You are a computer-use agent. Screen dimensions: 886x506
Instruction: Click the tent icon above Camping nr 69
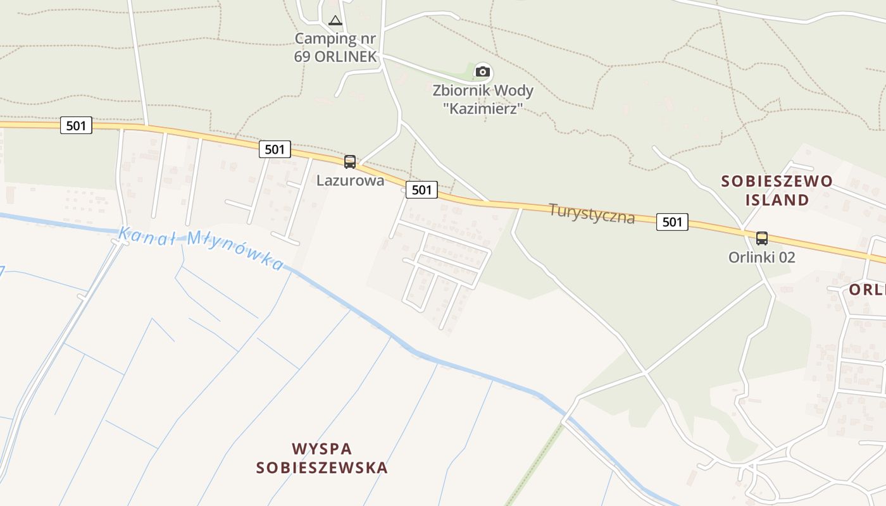(335, 20)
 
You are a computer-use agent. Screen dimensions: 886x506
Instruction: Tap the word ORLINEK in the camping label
(347, 56)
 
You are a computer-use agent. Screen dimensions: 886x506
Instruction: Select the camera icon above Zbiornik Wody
(483, 71)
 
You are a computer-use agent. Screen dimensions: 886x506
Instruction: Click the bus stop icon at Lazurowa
(350, 162)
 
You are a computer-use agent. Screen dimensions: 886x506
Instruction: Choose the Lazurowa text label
(350, 180)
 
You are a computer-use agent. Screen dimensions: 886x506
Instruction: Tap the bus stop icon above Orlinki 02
(762, 238)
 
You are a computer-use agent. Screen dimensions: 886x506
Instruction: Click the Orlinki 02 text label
(761, 257)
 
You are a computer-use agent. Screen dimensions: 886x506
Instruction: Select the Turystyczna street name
(592, 213)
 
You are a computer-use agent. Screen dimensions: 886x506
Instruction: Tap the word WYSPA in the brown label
(321, 449)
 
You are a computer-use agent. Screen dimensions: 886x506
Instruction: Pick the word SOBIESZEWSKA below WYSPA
(321, 468)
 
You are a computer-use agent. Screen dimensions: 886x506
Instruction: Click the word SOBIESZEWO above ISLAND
(777, 182)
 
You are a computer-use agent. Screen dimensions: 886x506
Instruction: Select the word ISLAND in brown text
(777, 201)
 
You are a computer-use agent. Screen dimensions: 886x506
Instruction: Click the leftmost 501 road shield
(76, 125)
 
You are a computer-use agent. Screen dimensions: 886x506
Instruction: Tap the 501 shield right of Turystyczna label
(672, 221)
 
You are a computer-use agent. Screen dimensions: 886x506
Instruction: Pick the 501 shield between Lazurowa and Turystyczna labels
(421, 189)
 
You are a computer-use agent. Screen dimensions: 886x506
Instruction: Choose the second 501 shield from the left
(275, 149)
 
